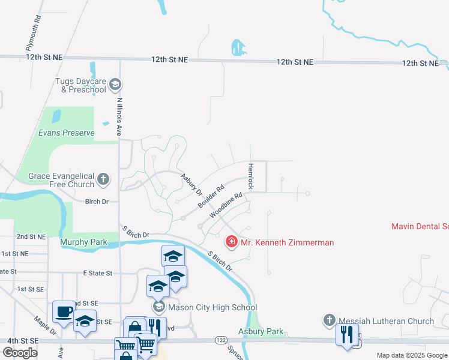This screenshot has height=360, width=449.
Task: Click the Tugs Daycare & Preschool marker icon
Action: pos(116,85)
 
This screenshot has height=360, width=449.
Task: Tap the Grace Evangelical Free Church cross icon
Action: pos(103,178)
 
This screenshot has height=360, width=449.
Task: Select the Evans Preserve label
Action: pos(67,133)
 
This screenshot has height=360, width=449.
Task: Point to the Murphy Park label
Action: pos(83,242)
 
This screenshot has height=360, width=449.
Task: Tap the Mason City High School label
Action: pos(212,307)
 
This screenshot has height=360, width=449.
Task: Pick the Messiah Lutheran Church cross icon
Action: pos(329,321)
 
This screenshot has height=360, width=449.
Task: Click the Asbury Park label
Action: pos(261,332)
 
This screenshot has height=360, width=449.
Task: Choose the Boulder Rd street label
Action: pos(211,196)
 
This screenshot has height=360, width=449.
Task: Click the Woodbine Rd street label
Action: pos(226,205)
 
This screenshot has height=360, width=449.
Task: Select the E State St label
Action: pos(97,273)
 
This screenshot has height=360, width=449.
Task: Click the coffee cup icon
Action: pos(64,311)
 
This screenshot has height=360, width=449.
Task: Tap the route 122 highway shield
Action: pos(220,340)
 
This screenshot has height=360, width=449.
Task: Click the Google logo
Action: pos(19,353)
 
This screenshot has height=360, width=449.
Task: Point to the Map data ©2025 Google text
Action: pos(412,355)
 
